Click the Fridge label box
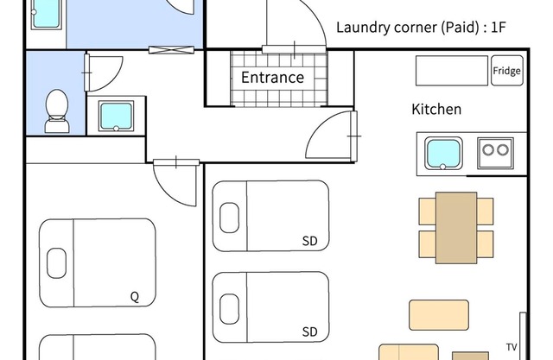click(507, 71)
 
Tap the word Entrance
click(273, 77)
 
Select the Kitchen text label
click(436, 109)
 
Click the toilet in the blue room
click(57, 111)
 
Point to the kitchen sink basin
click(443, 153)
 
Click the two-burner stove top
click(495, 153)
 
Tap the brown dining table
click(456, 228)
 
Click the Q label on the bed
click(135, 297)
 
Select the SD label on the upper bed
click(310, 241)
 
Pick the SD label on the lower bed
click(310, 332)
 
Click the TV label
click(512, 347)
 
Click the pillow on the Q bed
click(56, 263)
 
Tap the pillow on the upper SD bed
click(229, 218)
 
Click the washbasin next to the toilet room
click(116, 116)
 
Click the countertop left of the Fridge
click(452, 71)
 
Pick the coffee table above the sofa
click(439, 315)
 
